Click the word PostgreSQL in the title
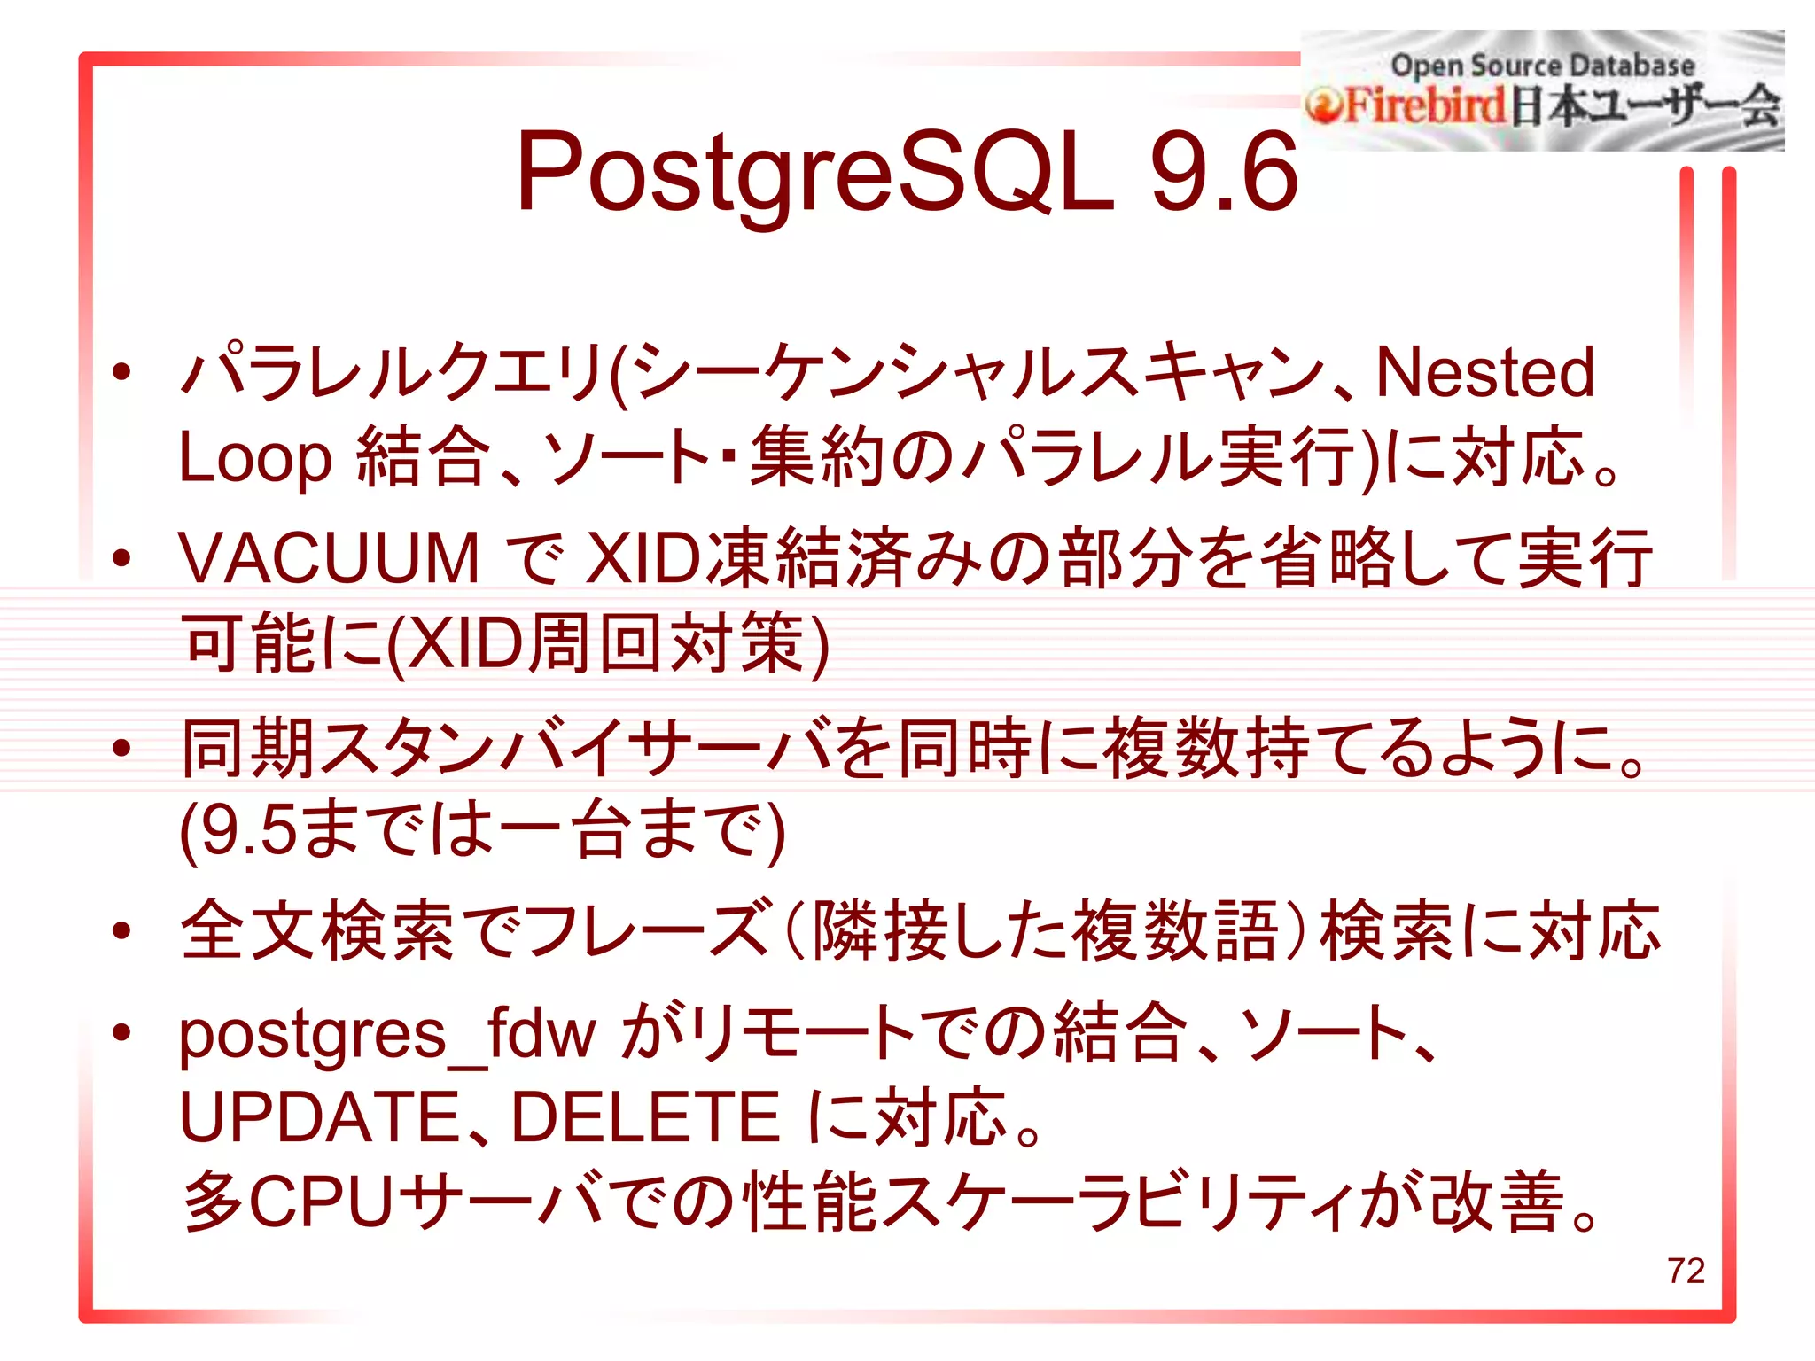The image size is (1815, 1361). pyautogui.click(x=814, y=173)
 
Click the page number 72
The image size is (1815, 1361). pyautogui.click(x=1686, y=1271)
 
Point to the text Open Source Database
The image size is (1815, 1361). pyautogui.click(x=1542, y=66)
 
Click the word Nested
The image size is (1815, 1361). pyautogui.click(x=1485, y=373)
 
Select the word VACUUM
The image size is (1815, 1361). pyautogui.click(x=329, y=559)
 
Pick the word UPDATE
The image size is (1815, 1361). pyautogui.click(x=318, y=1118)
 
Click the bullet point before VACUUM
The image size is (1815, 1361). pyautogui.click(x=121, y=558)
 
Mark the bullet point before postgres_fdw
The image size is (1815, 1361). pyautogui.click(x=121, y=1031)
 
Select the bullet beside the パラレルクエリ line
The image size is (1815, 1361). pyautogui.click(x=121, y=371)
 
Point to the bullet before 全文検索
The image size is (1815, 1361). pyautogui.click(x=121, y=930)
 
